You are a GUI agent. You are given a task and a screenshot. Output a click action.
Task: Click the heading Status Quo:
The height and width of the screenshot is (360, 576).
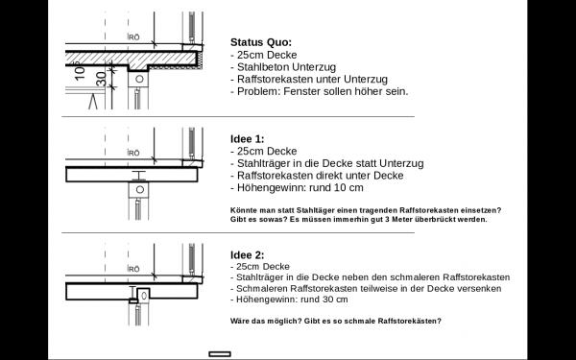tap(261, 42)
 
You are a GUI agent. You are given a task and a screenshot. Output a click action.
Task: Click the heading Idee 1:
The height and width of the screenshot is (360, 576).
tap(248, 139)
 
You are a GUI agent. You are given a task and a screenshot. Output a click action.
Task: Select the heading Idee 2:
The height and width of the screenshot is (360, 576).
tap(248, 255)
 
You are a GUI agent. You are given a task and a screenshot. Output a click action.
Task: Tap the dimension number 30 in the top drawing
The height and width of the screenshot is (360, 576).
tap(101, 79)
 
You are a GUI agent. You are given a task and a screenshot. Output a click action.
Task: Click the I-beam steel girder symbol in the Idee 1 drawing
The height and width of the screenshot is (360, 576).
tap(139, 176)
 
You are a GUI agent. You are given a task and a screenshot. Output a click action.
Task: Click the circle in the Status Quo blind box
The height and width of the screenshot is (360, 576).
tap(139, 79)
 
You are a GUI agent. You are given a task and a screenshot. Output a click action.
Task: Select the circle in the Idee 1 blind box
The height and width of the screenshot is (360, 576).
tap(139, 189)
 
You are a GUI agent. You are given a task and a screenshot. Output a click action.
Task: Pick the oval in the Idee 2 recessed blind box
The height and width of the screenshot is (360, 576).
tap(144, 295)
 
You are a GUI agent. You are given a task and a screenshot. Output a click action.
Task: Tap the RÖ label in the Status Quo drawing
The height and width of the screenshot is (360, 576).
tap(133, 37)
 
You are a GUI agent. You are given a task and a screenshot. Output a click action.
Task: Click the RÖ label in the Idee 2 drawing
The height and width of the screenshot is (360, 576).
tap(133, 269)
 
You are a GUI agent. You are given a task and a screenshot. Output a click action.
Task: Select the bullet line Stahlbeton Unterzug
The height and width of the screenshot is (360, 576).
tap(283, 67)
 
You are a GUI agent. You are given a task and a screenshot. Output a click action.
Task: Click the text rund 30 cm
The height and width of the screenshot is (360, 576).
tap(324, 300)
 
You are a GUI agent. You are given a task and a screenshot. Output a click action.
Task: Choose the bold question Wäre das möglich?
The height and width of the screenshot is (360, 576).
tap(266, 321)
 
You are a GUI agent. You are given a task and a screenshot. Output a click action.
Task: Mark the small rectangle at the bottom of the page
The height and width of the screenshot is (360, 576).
tap(220, 354)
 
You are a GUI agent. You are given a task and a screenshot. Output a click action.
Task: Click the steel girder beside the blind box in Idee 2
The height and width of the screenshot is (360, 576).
tap(132, 293)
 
